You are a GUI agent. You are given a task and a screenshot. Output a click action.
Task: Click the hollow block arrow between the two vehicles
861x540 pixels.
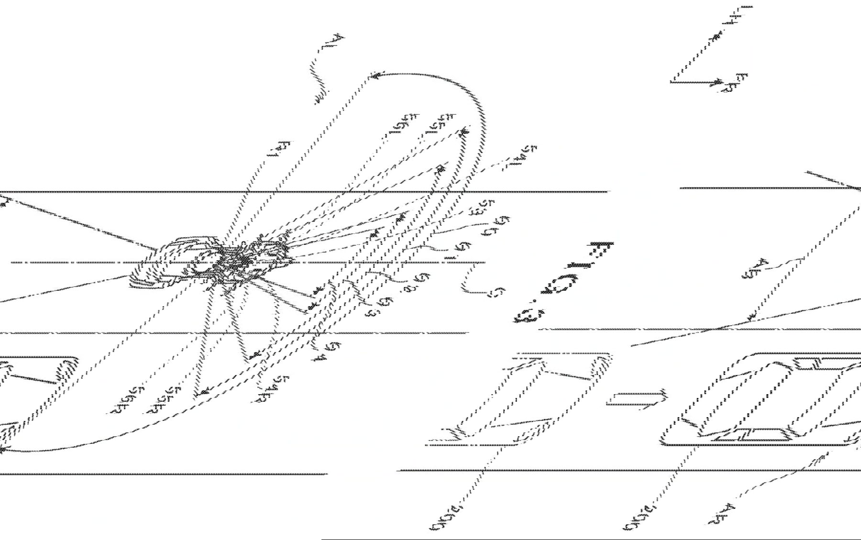tap(636, 399)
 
